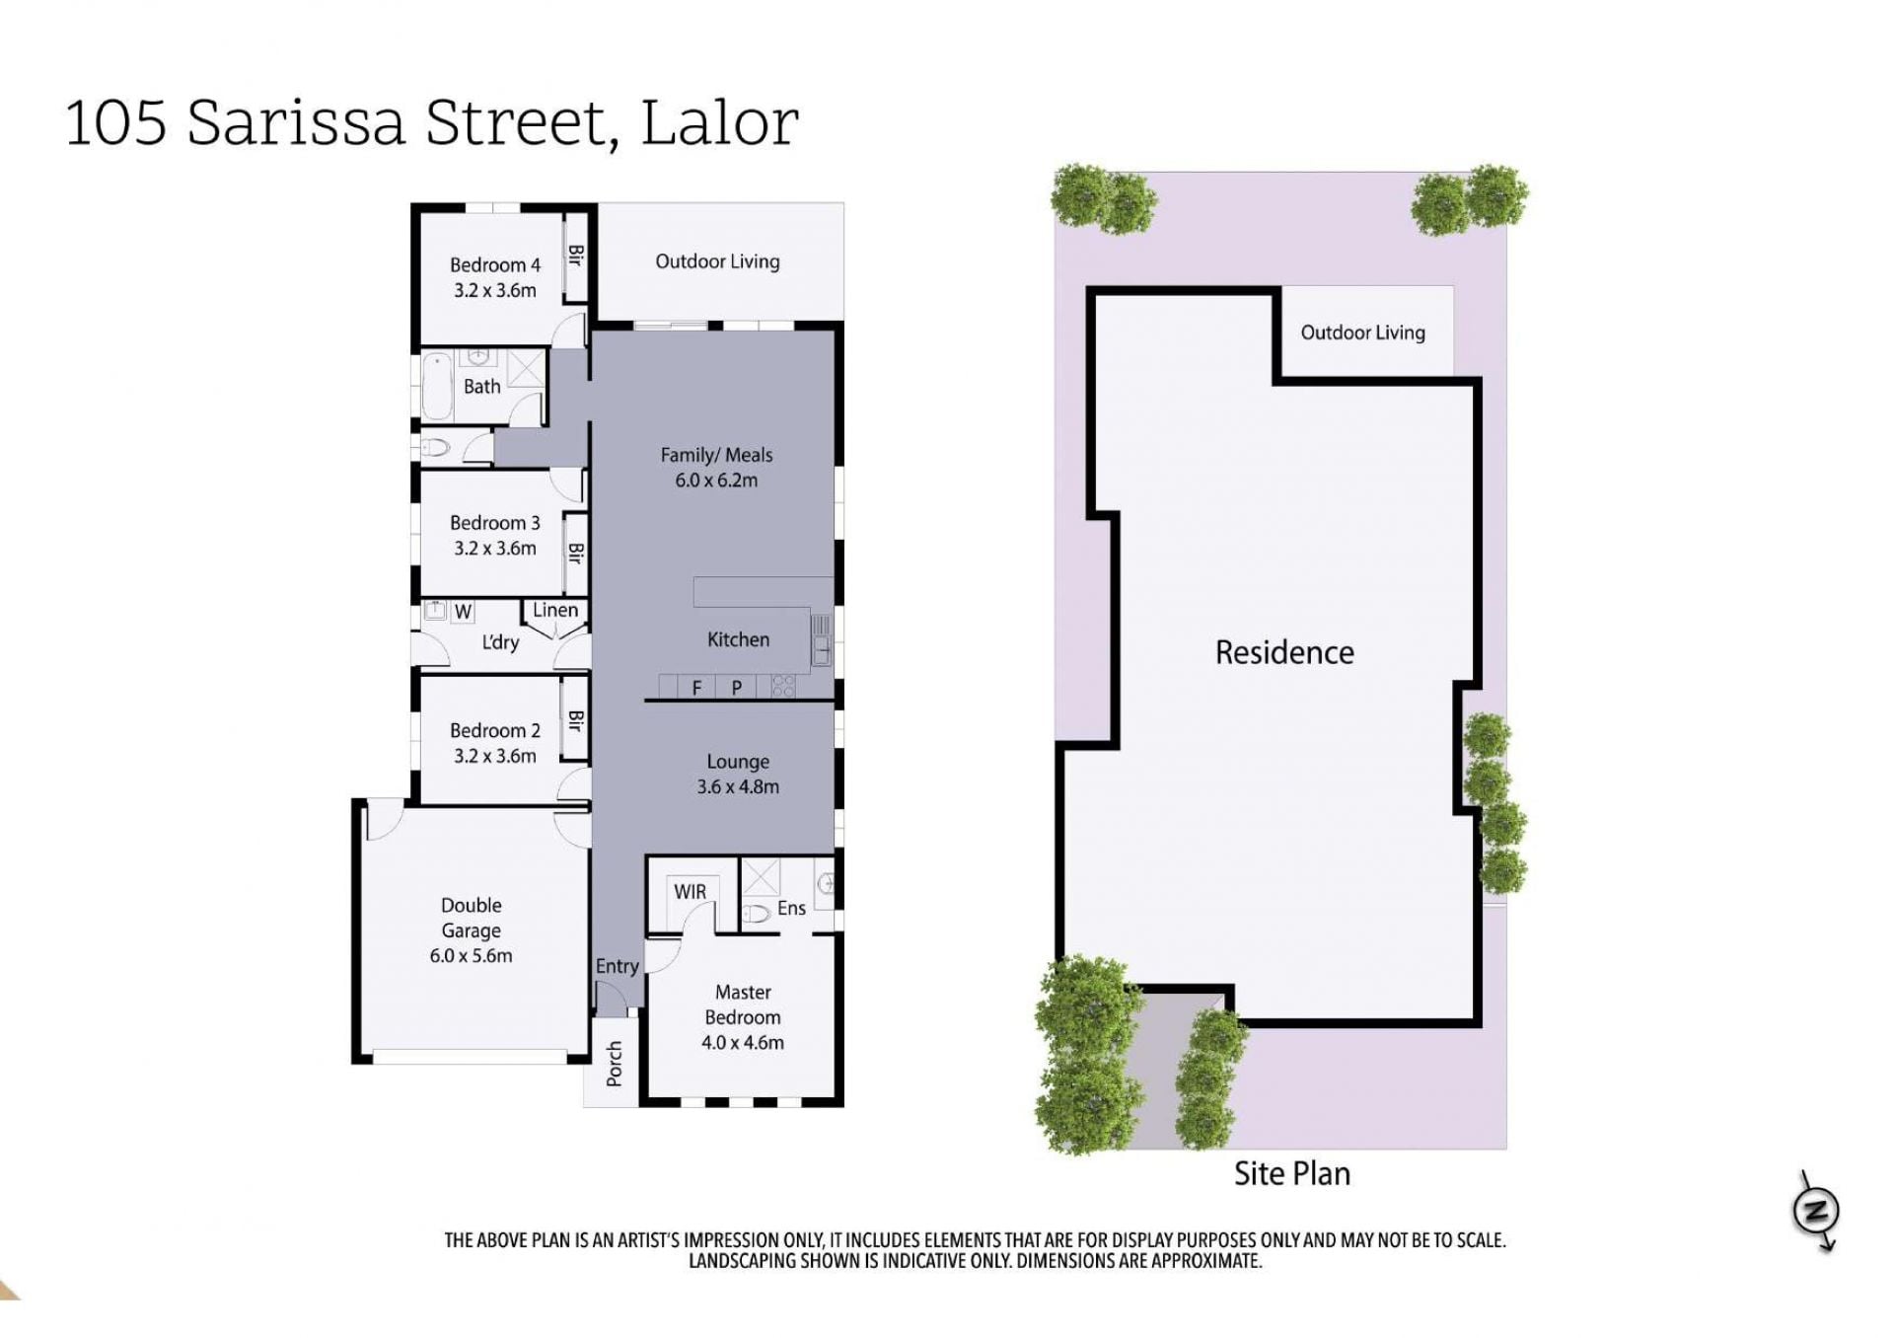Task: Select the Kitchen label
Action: point(738,639)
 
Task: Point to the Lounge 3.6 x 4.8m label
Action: point(738,774)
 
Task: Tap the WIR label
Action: point(691,892)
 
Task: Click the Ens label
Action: point(791,908)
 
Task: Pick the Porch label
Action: point(615,1064)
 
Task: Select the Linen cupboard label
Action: point(555,610)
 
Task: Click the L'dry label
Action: point(500,642)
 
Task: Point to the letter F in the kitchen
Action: point(696,688)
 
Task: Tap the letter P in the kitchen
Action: point(736,688)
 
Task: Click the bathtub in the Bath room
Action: point(437,386)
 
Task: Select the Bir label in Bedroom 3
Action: point(575,553)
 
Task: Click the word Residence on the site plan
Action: point(1284,652)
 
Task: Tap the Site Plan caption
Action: point(1292,1173)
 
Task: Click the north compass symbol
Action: point(1816,1211)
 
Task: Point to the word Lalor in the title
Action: point(719,123)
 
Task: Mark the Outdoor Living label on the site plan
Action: point(1362,333)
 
